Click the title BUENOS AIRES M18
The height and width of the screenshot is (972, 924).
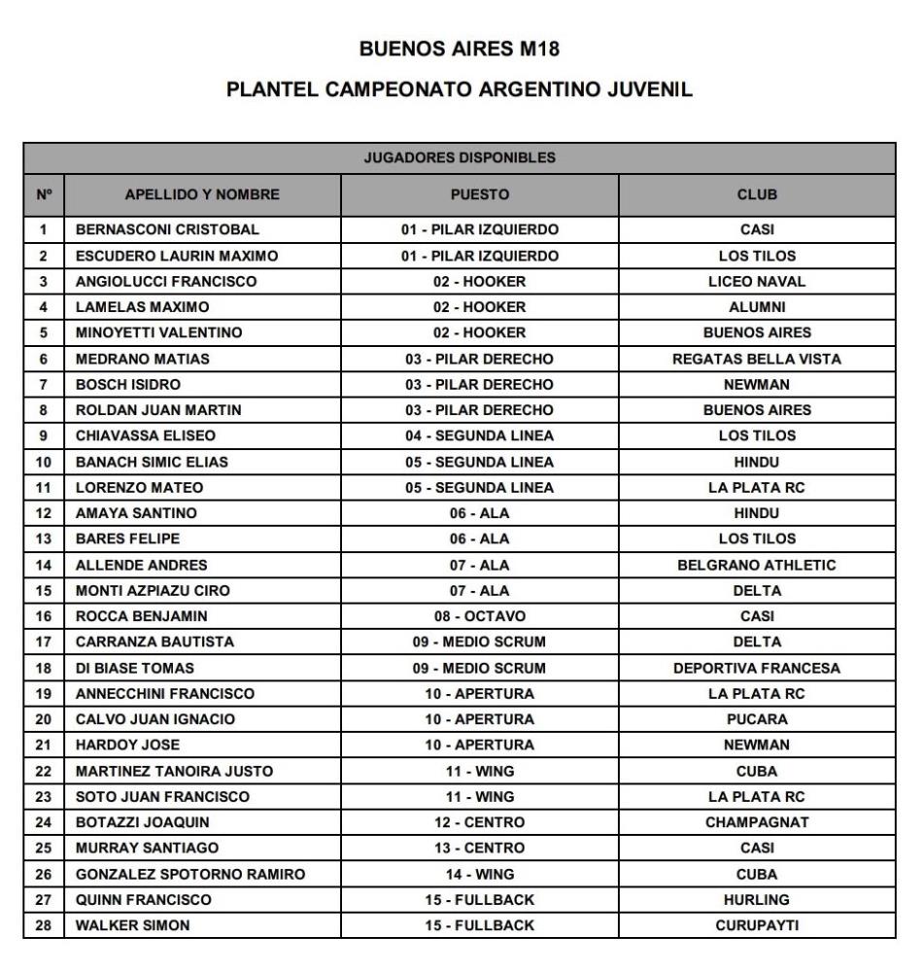[x=460, y=49]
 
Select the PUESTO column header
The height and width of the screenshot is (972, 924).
[x=479, y=194]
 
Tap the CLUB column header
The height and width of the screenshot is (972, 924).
[x=757, y=194]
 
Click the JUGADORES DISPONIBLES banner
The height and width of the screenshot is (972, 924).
[x=460, y=157]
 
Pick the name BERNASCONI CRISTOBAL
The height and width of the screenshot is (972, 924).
[x=167, y=230]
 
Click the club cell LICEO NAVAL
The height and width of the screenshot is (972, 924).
[x=757, y=282]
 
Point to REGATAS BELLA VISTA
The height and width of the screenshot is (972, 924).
[x=757, y=359]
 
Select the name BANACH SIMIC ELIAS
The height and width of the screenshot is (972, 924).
[x=152, y=462]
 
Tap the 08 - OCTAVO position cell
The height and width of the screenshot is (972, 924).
[x=479, y=616]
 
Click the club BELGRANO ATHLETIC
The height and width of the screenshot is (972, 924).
[x=757, y=565]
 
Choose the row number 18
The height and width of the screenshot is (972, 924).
[x=43, y=668]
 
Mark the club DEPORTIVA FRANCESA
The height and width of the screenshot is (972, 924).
[x=757, y=668]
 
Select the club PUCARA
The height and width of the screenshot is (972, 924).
[x=757, y=719]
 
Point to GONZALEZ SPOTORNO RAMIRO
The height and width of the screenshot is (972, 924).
[x=190, y=874]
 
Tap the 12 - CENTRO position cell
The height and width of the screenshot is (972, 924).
[x=479, y=822]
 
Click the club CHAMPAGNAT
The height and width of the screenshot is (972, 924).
[x=757, y=822]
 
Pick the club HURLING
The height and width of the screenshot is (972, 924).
[x=757, y=900]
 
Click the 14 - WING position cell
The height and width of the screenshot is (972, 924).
[x=479, y=874]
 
